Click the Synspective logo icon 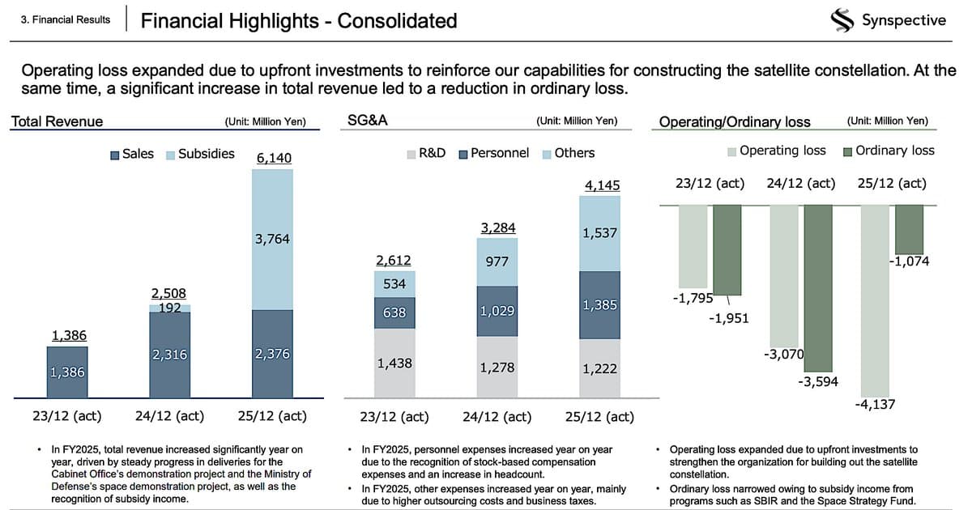tap(844, 20)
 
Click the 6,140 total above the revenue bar tap(274, 158)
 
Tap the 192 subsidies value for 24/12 tap(169, 308)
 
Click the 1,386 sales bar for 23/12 tap(67, 372)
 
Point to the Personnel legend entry tap(493, 153)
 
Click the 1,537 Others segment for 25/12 tap(600, 233)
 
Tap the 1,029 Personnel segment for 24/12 tap(497, 311)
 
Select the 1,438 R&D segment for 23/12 tap(394, 363)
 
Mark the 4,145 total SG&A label tap(602, 185)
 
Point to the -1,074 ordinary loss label tap(910, 261)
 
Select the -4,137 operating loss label tap(875, 404)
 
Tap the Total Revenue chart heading tap(57, 121)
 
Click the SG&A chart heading tap(369, 121)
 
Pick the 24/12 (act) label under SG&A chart tap(497, 417)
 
